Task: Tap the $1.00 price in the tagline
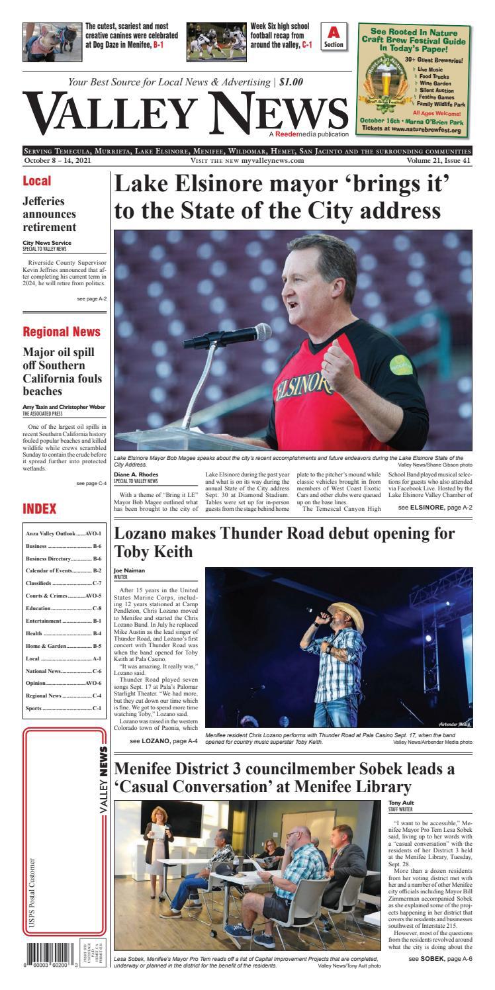[291, 83]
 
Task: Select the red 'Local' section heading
[37, 181]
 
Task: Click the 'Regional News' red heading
[62, 332]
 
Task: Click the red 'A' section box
[334, 37]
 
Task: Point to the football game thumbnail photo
[216, 42]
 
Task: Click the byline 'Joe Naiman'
[129, 569]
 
